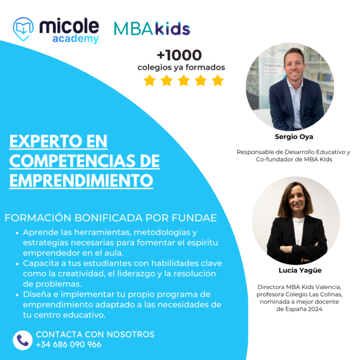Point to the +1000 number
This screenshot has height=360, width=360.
tap(179, 55)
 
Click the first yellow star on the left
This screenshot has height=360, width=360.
tap(150, 81)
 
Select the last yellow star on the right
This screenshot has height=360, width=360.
tap(217, 81)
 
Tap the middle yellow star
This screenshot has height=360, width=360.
tap(184, 81)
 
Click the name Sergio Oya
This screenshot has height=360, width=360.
tap(294, 137)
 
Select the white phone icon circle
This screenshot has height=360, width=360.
tap(22, 340)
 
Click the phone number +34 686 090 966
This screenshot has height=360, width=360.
tap(68, 345)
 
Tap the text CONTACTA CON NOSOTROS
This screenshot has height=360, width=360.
tap(95, 335)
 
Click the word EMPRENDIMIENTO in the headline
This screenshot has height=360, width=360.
tap(81, 180)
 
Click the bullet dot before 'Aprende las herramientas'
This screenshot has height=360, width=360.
tap(17, 233)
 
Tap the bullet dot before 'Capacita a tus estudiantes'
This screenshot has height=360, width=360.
tap(17, 263)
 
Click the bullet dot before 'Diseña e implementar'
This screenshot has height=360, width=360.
tap(17, 295)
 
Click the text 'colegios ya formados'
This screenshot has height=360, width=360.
tap(181, 67)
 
